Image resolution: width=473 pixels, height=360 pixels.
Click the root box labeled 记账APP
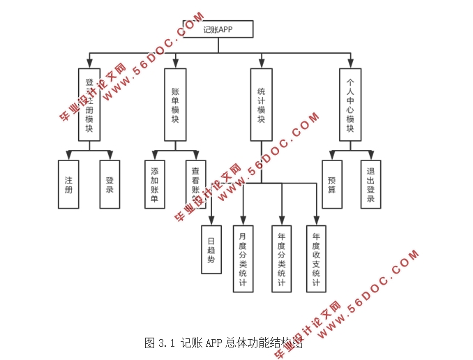click(218, 29)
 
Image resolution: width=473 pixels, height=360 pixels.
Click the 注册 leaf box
click(68, 184)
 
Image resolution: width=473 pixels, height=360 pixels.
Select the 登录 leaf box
click(110, 184)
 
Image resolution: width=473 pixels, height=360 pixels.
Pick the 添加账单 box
click(154, 184)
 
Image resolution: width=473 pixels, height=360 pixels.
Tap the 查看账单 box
click(195, 184)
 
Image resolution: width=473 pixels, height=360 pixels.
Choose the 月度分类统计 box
click(243, 259)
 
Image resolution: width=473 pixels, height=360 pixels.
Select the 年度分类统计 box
click(281, 259)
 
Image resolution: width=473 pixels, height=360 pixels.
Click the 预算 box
click(331, 184)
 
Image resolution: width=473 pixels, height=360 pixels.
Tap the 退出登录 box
click(371, 184)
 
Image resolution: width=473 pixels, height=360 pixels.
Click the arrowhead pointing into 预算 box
click(331, 156)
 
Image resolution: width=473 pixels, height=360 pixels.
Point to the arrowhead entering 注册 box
click(68, 156)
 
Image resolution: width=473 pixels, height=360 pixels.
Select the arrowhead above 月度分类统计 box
click(243, 220)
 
